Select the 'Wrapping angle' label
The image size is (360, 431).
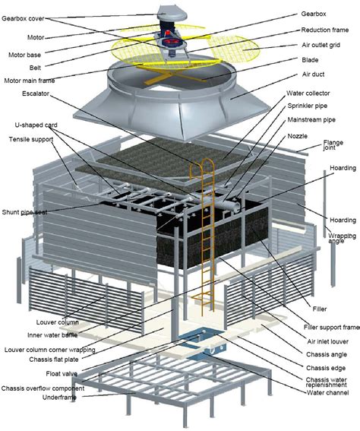tap(342, 239)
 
